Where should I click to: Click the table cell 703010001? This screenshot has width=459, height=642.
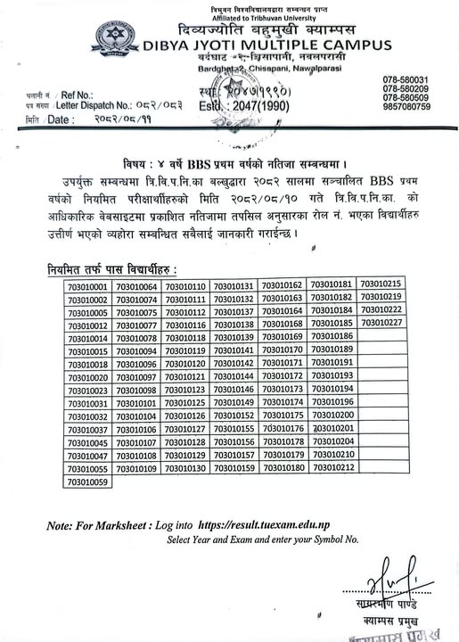pos(86,287)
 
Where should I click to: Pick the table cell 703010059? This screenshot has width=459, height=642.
pos(86,482)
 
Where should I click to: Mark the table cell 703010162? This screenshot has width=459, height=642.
pos(285,284)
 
